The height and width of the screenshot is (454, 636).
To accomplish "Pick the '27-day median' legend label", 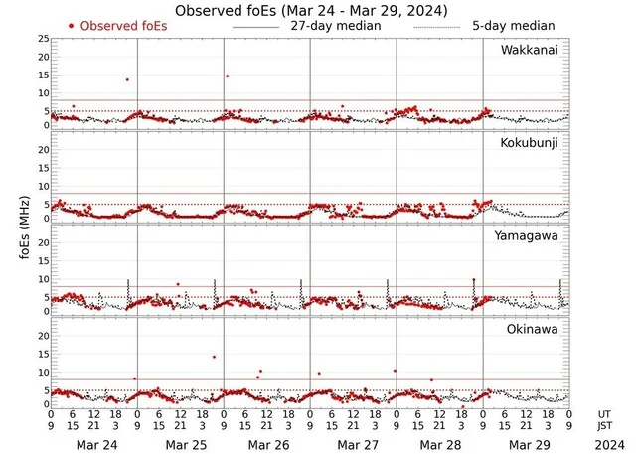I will coord(336,24).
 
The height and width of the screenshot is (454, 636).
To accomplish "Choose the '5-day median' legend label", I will coord(514,24).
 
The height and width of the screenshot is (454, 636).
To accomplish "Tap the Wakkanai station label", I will coord(530,51).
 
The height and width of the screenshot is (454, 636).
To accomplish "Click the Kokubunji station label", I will coord(530,143).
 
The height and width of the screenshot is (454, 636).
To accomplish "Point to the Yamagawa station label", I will coord(530,235).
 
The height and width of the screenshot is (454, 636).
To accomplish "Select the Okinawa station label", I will coord(533,328).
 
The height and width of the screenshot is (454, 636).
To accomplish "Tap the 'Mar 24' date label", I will coord(94,443).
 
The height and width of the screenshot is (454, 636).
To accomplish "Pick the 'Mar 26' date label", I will coord(267,443).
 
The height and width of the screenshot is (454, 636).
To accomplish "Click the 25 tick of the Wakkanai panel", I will coord(42,38).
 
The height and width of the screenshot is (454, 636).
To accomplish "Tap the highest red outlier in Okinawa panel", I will coord(214,357).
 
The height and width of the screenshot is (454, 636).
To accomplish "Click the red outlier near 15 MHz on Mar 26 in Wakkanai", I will coord(228,76).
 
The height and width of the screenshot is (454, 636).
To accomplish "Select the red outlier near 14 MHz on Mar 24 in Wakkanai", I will coord(127,79).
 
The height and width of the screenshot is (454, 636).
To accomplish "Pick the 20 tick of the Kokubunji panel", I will coord(42,148).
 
